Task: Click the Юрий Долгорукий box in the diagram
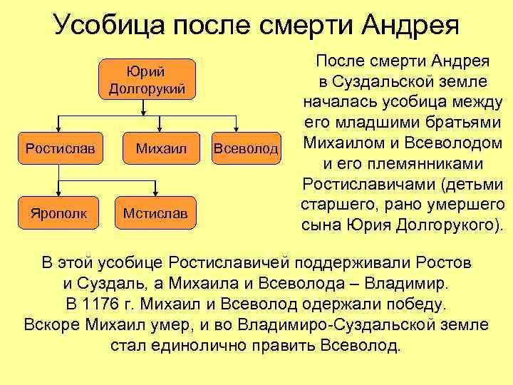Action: tap(147, 79)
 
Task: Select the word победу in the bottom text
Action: tap(413, 304)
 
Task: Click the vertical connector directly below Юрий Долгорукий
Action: tap(147, 107)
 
